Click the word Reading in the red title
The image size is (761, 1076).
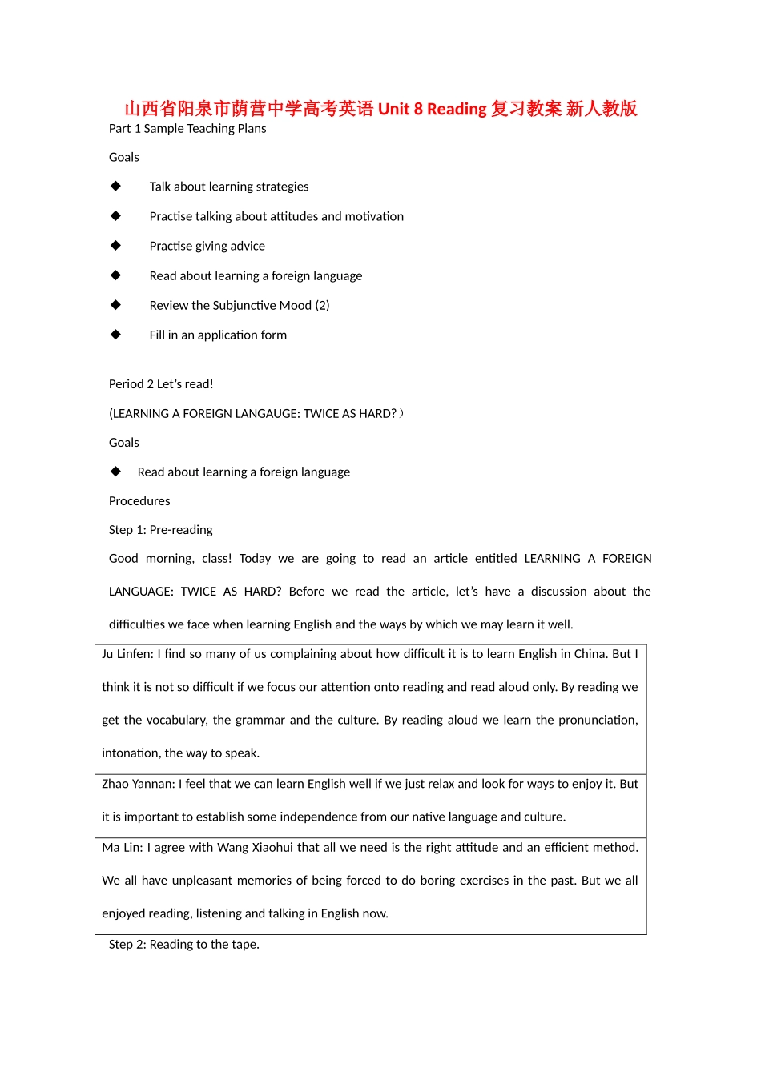[457, 109]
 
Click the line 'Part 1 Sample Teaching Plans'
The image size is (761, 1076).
[187, 129]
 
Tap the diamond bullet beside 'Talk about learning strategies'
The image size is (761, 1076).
[116, 186]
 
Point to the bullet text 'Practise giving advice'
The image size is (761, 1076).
[207, 246]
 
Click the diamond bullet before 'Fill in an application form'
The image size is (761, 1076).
[116, 334]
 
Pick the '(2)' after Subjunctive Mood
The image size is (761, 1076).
[322, 305]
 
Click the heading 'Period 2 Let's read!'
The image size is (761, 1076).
[161, 384]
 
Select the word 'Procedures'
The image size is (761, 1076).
[139, 501]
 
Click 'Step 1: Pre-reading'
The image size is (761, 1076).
[161, 530]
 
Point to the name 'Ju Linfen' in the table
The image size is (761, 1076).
[127, 654]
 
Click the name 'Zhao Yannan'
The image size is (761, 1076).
[137, 784]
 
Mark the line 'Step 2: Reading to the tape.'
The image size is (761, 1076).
[184, 945]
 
